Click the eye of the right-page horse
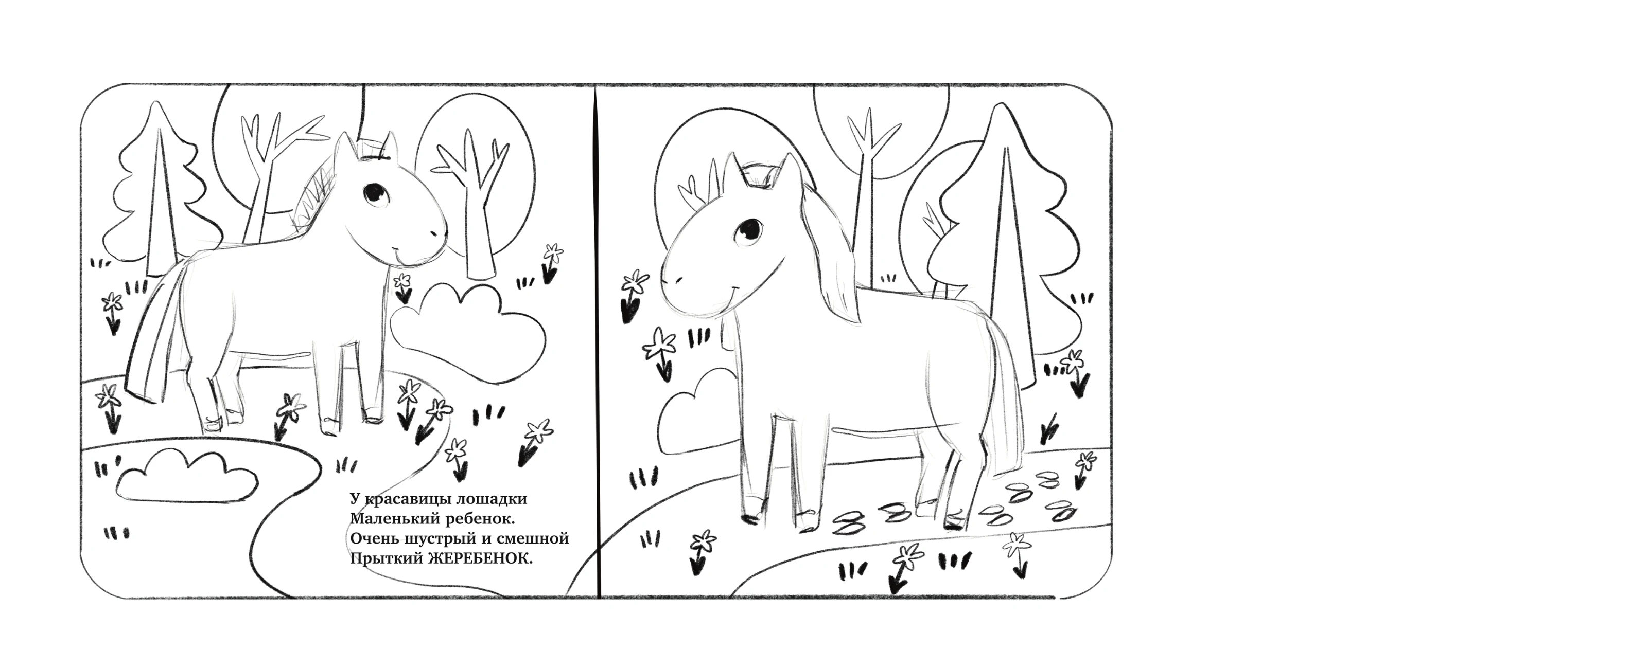click(x=749, y=232)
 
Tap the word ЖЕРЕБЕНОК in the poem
click(x=480, y=559)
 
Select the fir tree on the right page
click(x=1001, y=243)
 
